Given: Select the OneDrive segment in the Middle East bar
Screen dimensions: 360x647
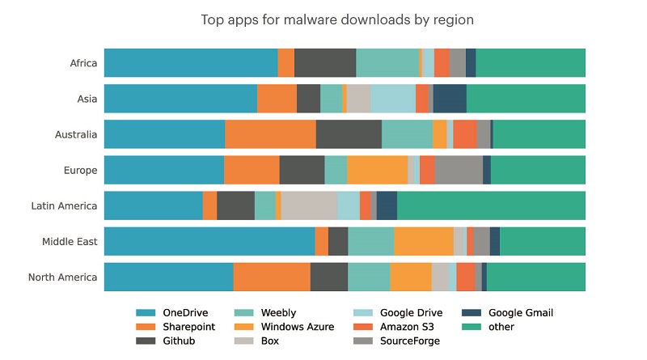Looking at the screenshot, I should [x=209, y=241].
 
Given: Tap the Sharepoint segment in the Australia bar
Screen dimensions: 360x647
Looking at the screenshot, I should [x=270, y=134].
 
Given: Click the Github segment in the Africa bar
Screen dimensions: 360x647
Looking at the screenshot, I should [x=325, y=63].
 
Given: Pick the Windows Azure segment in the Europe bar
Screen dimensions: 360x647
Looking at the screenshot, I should [x=377, y=170].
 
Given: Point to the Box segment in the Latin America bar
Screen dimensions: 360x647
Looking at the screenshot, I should [x=309, y=205].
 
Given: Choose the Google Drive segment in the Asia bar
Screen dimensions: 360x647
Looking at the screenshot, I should [x=393, y=99].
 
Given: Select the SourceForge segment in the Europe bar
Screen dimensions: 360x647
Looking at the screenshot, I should [x=459, y=170].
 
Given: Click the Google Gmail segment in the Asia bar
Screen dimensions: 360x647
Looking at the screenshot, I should [x=450, y=99].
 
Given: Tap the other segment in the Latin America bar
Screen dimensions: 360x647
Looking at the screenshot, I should [x=491, y=205].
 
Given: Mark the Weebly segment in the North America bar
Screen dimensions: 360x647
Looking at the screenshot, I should [x=369, y=277].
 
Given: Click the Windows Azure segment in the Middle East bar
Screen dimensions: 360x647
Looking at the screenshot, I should [x=424, y=241].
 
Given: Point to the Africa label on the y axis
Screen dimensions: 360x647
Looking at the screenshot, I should [x=83, y=63].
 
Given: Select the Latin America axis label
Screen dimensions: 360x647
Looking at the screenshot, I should [x=64, y=205].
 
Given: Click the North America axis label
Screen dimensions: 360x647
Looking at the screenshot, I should [x=62, y=277].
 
